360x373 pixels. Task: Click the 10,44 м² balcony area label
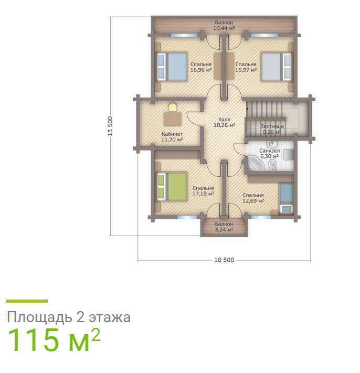[x=224, y=28]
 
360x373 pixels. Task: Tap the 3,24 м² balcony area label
[x=224, y=230]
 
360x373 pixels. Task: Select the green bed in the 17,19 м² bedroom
[x=172, y=187]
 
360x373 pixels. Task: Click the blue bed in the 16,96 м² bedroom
[x=172, y=67]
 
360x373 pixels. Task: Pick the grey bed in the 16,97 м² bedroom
[x=276, y=67]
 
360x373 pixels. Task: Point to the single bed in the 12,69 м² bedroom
[x=286, y=198]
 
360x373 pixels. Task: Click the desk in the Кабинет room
[x=173, y=119]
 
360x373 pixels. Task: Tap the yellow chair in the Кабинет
[x=173, y=107]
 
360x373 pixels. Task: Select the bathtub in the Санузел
[x=256, y=163]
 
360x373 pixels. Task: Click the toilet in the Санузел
[x=272, y=165]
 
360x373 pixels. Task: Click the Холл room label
[x=225, y=120]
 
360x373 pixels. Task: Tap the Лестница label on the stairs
[x=272, y=126]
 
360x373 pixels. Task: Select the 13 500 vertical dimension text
[x=110, y=126]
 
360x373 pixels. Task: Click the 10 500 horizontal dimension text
[x=225, y=260]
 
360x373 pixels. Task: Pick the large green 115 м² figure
[x=54, y=339]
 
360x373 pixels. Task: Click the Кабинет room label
[x=172, y=134]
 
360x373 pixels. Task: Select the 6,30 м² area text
[x=269, y=156]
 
